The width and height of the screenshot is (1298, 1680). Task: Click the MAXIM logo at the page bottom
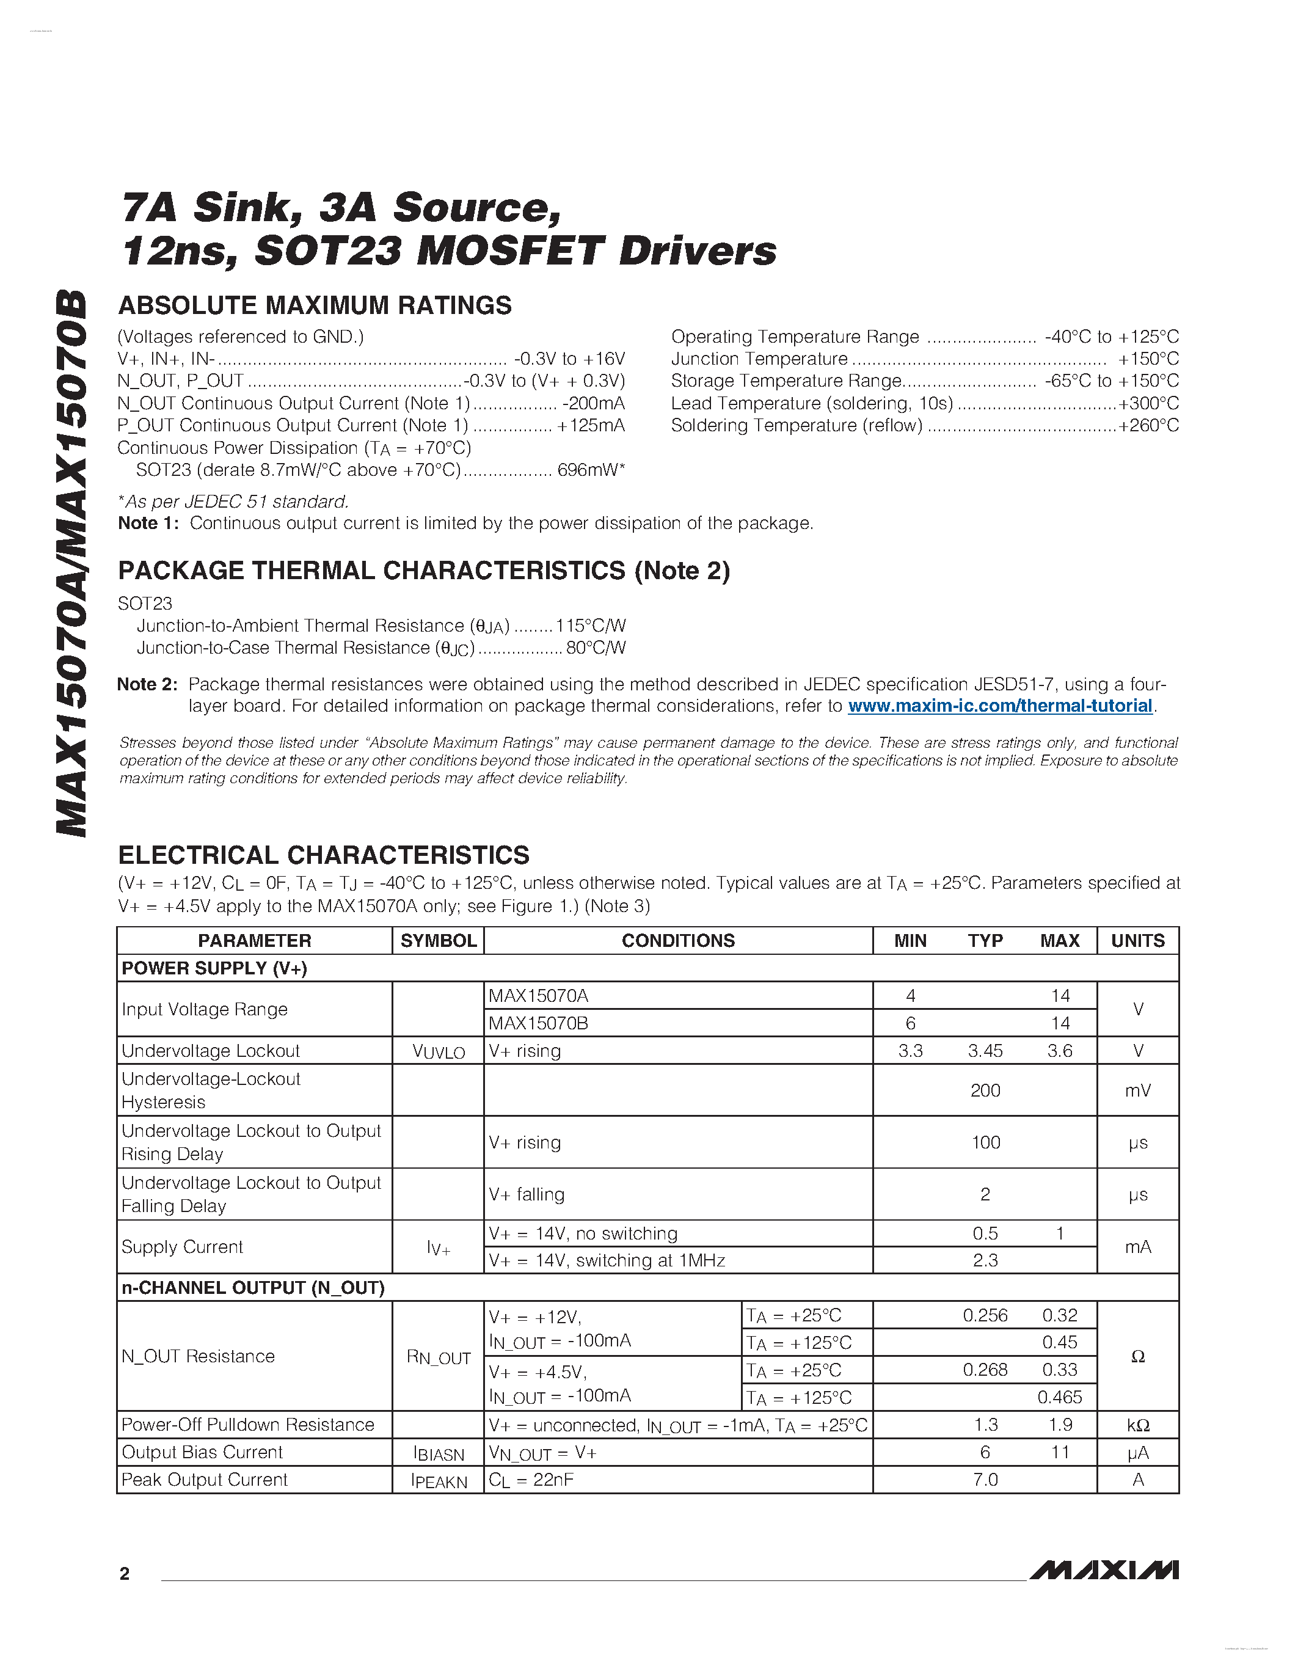(1104, 1570)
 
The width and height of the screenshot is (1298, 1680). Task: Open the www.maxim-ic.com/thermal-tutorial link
(1000, 706)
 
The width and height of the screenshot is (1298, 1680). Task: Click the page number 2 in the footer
(125, 1574)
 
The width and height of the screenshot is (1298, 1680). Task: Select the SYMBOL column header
(439, 941)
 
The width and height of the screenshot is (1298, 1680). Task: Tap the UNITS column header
(1137, 941)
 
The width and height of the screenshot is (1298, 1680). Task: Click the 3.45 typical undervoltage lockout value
(985, 1051)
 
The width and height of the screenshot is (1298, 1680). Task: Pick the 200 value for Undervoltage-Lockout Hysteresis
(985, 1090)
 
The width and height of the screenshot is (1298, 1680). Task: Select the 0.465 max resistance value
(1060, 1397)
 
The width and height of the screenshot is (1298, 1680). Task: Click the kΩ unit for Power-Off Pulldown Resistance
(1137, 1425)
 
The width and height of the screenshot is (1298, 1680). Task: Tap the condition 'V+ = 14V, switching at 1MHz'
(607, 1260)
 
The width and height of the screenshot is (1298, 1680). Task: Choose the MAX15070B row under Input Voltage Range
(538, 1023)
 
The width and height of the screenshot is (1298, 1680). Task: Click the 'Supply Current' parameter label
(182, 1247)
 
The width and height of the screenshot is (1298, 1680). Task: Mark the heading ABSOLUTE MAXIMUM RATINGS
(315, 305)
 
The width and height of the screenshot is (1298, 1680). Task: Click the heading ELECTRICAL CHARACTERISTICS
(324, 855)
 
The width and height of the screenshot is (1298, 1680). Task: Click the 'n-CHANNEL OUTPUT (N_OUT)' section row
(253, 1288)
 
